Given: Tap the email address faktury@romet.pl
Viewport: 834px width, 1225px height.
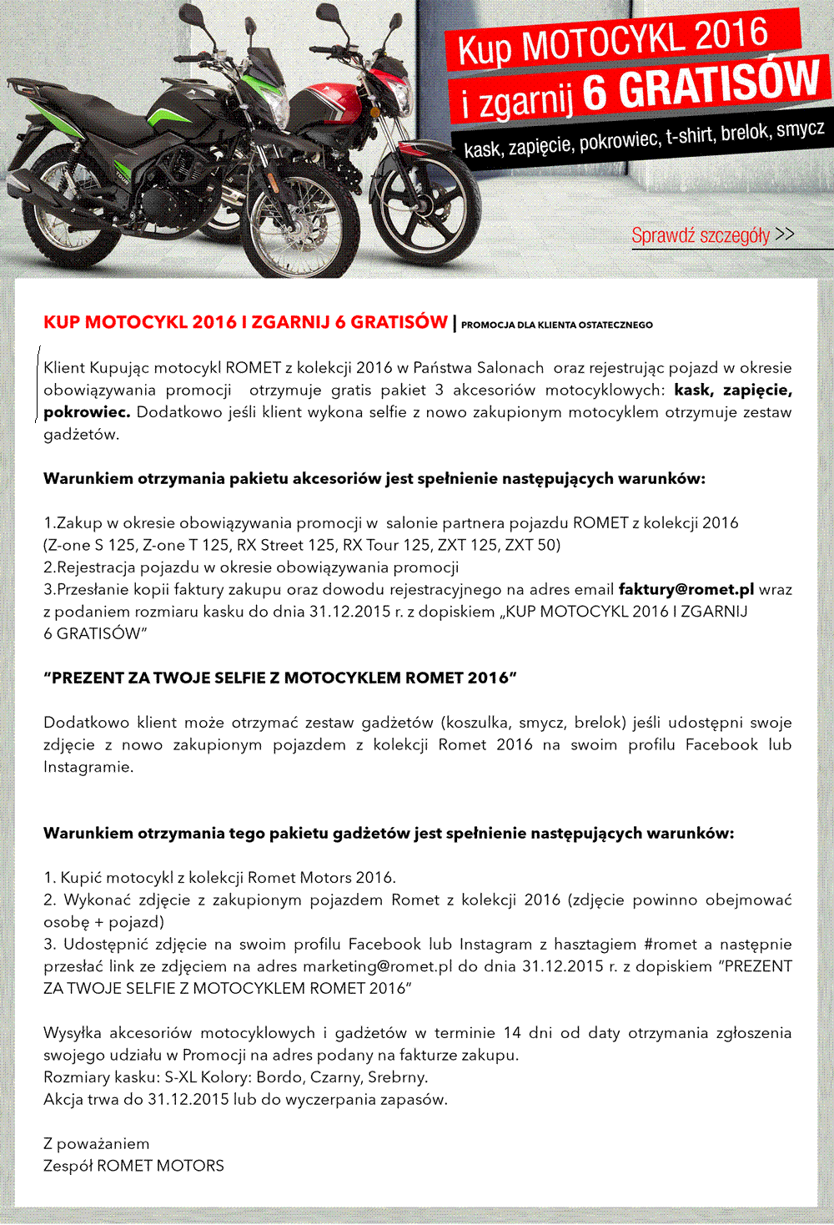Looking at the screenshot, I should [x=686, y=589].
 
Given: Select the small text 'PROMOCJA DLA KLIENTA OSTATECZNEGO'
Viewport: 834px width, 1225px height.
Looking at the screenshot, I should [x=556, y=325].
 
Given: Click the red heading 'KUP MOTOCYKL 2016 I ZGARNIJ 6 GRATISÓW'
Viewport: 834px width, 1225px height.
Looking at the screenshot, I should [x=245, y=322].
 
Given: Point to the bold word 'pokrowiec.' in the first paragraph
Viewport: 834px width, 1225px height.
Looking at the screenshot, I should [x=87, y=412].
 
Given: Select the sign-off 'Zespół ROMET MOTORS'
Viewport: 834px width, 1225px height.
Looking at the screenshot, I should [x=133, y=1166].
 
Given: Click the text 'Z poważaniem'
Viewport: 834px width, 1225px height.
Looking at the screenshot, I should [x=96, y=1143].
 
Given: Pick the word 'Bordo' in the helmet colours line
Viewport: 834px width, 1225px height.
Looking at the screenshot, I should [x=279, y=1077].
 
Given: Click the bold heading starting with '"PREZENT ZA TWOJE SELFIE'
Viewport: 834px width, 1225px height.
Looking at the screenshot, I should [x=280, y=678].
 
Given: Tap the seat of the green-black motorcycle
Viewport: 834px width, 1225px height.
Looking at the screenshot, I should [x=96, y=113].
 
